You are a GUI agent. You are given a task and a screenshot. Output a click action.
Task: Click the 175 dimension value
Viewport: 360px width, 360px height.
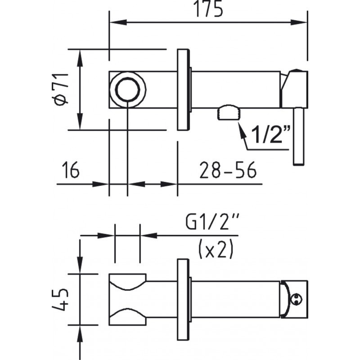tap(208, 9)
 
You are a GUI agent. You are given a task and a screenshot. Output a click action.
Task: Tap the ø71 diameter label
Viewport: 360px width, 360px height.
tap(61, 89)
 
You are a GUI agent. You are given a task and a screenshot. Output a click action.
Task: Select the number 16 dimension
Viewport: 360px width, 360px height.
tap(71, 170)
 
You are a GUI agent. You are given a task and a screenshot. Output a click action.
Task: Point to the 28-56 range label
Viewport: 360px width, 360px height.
tap(228, 170)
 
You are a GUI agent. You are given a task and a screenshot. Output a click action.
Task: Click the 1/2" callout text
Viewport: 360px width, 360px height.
tap(271, 134)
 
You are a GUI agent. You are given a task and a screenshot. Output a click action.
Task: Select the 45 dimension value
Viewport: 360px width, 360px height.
tap(60, 299)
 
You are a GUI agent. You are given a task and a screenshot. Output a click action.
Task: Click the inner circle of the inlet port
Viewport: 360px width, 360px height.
tap(128, 89)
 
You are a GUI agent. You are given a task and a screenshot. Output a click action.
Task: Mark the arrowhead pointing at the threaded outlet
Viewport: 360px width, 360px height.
tap(242, 130)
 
